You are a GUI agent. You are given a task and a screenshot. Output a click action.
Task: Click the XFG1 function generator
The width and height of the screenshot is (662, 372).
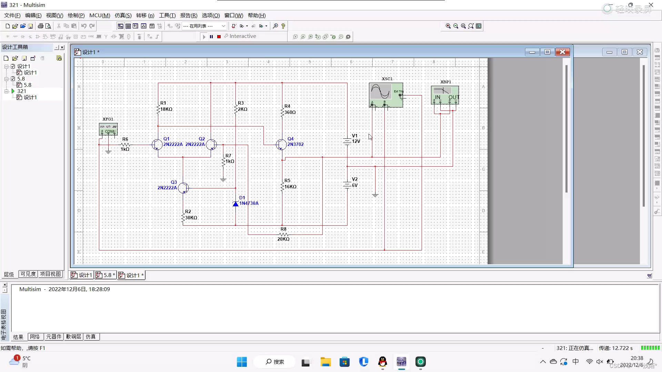coord(108,129)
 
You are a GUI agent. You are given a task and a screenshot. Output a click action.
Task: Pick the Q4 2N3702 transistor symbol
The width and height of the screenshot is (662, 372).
coord(281,145)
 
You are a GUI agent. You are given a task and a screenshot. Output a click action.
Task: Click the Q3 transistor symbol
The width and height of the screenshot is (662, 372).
coord(183,188)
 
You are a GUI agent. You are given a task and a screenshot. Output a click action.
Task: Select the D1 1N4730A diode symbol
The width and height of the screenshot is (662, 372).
coord(236,204)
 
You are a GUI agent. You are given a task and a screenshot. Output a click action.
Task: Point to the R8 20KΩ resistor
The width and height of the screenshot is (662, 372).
coord(283,235)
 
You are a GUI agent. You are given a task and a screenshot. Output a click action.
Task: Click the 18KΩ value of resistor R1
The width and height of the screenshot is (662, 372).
coord(166,109)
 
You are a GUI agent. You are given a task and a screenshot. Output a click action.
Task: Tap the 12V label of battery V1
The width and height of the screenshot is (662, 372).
coord(356,141)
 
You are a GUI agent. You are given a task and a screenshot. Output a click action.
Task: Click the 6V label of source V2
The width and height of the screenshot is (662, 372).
coord(355,185)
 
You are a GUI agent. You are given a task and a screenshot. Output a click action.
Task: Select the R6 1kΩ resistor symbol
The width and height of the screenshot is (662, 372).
coord(126,145)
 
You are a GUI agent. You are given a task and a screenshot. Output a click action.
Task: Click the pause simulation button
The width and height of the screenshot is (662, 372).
coord(211,37)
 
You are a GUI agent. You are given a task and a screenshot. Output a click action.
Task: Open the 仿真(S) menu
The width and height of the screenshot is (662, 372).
coord(123,15)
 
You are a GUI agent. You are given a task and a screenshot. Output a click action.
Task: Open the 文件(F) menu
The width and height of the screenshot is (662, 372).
coord(12,15)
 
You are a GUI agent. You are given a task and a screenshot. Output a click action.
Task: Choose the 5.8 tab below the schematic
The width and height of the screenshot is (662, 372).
coord(106,275)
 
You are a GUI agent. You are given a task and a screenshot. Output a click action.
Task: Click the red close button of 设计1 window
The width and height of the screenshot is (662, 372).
coord(562,52)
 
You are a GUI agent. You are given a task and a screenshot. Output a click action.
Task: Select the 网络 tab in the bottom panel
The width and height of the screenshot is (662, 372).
coord(35,337)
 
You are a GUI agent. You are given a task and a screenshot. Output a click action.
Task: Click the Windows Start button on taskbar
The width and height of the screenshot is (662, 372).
coord(242,362)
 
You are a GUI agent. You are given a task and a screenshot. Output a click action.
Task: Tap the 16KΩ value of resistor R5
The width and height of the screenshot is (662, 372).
coord(290,187)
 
